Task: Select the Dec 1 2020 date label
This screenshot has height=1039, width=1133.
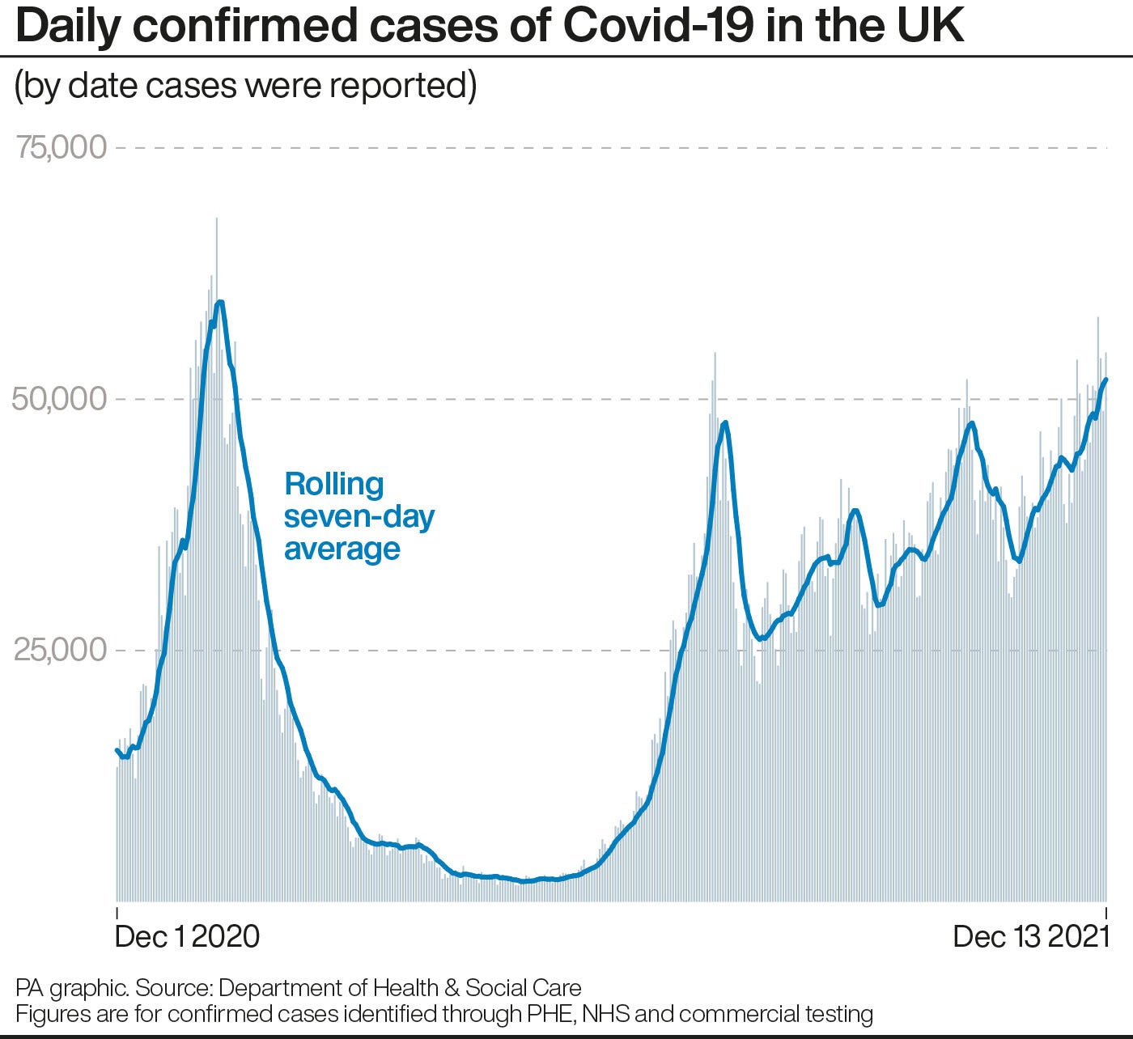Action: [x=187, y=936]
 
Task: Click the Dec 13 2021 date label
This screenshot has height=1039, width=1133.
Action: [x=1030, y=936]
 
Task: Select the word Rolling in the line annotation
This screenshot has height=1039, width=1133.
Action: [x=334, y=484]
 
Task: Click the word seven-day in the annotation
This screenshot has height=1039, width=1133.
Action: [x=359, y=516]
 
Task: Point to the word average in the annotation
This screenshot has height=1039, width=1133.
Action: [x=342, y=549]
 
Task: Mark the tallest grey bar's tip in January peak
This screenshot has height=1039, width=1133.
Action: [x=216, y=218]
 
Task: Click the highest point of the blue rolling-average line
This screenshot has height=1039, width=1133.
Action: [x=219, y=302]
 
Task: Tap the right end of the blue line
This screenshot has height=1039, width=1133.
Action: [x=1106, y=379]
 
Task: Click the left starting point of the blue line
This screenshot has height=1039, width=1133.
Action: [x=117, y=749]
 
